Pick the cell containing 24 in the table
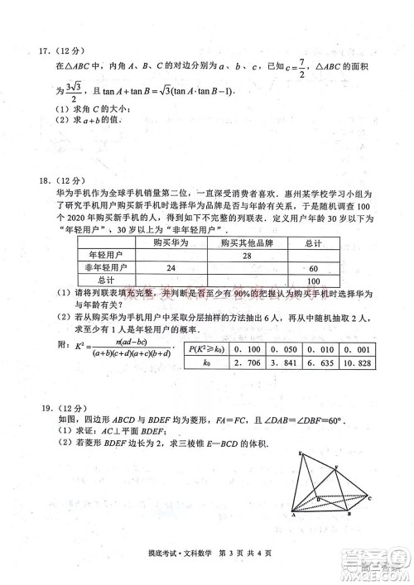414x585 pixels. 171,267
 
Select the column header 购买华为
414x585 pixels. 171,242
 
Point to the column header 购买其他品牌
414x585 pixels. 246,242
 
